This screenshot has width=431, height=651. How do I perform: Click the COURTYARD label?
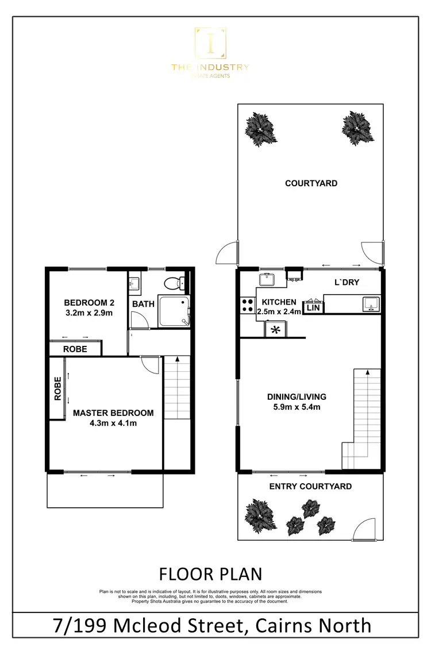(311, 183)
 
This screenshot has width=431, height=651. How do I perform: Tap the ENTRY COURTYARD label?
(311, 487)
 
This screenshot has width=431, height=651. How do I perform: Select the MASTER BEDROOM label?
(113, 413)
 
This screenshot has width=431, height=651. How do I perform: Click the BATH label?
(143, 303)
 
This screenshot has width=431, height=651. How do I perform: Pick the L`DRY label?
(347, 283)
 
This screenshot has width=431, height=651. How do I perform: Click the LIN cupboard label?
(313, 308)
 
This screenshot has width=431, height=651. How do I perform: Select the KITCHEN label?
(279, 302)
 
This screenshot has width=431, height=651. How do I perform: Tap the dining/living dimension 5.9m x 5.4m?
(297, 407)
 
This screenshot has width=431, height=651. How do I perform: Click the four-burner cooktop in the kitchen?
(247, 305)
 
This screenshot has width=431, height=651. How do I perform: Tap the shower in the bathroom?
(173, 310)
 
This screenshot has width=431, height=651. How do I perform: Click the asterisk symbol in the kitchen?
(275, 330)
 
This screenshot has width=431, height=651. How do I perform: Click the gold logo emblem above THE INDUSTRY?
(210, 43)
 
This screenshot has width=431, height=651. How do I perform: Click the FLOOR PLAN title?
(210, 573)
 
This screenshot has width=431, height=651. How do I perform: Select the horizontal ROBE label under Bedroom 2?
(75, 349)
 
